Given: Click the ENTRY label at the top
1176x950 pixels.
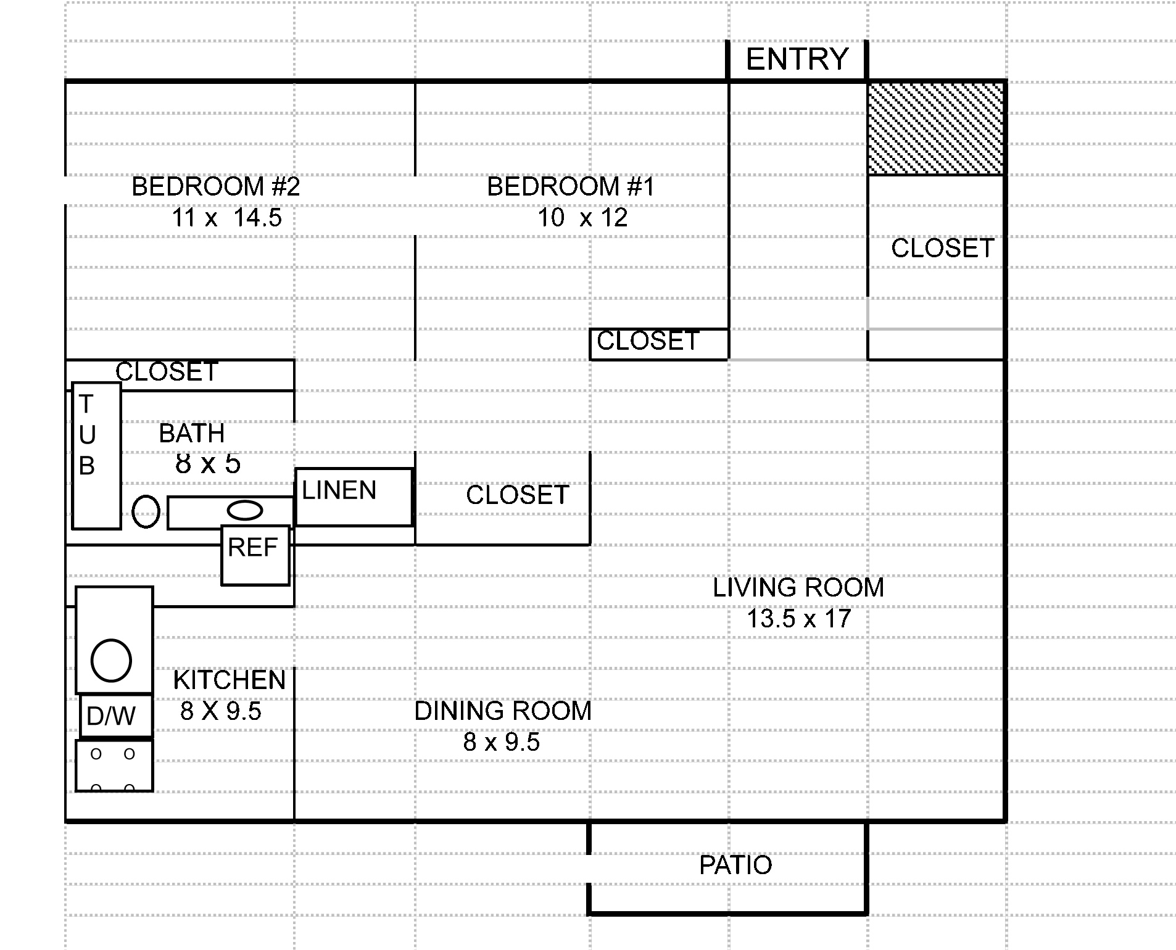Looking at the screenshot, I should point(797,59).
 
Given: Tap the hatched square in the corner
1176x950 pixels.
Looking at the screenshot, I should point(935,128).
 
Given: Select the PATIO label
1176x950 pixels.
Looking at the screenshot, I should point(735,865).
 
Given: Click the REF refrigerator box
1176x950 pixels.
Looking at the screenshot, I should point(255,555).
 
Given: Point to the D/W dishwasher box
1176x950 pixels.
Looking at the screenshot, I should point(115,716).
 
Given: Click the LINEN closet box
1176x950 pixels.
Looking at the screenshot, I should point(354,497).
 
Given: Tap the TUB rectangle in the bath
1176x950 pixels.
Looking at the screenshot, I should point(96,455).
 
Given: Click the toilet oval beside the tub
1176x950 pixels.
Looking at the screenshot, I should point(146,511).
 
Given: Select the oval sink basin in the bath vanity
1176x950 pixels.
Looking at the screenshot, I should point(245,510).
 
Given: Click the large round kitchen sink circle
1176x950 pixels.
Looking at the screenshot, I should point(111,660).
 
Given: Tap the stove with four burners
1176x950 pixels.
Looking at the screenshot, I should point(114,766).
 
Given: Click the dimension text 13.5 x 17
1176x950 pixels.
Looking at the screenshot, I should point(799,618).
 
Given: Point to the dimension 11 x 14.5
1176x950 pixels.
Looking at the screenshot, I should point(226,217).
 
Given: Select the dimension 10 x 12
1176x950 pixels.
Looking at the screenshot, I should point(582,217).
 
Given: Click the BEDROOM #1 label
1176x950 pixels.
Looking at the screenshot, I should point(570,186).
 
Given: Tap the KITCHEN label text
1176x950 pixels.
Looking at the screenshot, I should point(230,680).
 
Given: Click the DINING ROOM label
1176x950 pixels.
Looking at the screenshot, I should point(502,711).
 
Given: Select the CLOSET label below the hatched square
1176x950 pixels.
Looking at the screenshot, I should point(942,248).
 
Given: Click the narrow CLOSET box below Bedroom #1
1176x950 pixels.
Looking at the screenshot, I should point(658,344).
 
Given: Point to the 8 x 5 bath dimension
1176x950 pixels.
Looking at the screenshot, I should point(208,464).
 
